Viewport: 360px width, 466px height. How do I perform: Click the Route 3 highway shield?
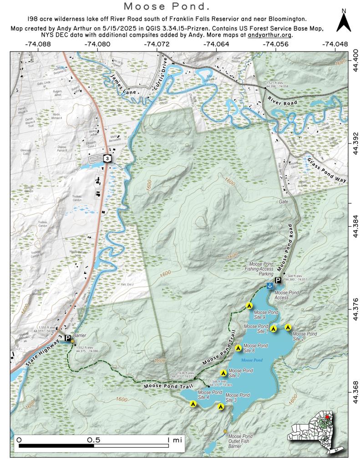(106, 158)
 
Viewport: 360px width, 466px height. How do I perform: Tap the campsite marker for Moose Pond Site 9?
(249, 305)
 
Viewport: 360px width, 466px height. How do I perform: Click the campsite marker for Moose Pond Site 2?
(288, 327)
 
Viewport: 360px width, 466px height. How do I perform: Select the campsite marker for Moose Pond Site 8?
(238, 348)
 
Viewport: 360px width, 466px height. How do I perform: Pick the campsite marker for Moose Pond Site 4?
(193, 403)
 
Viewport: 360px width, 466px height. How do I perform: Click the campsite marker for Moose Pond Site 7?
(223, 373)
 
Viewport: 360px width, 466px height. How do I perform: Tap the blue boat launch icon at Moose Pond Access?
(269, 285)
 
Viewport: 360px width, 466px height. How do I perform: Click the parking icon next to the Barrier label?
(67, 339)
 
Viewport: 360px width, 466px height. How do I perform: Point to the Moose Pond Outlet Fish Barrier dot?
(224, 431)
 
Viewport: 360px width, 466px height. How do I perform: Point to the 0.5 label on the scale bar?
(94, 440)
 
